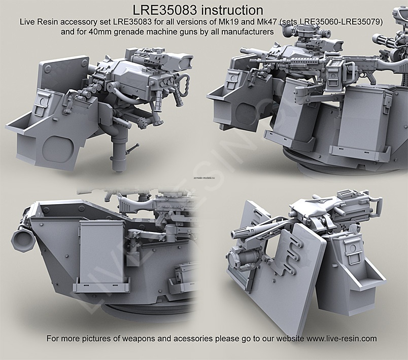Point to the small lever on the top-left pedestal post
pos(134,147)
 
